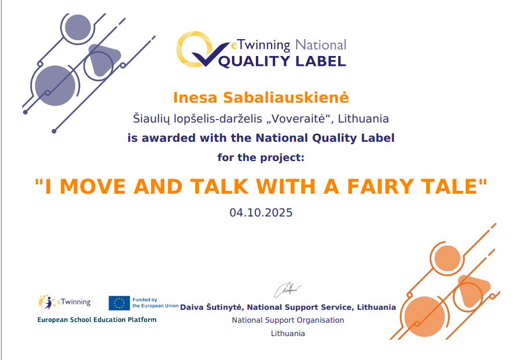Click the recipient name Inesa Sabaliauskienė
261,97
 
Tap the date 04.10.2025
261,213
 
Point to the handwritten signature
287,290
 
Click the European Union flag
119,303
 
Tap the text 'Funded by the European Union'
156,303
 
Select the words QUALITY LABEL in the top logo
282,61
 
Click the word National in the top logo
321,45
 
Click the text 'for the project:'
261,158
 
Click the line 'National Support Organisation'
288,320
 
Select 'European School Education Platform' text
97,320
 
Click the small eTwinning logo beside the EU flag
64,302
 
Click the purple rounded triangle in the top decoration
103,59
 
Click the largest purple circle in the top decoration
55,86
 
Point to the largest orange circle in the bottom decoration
424,317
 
